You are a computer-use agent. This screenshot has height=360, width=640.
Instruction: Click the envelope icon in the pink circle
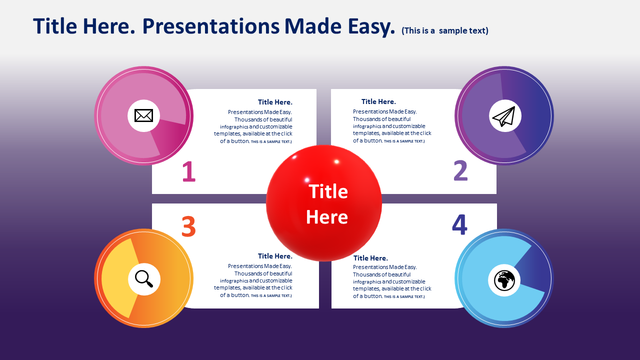[x=143, y=115]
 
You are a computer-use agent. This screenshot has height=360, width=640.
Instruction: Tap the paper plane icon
[x=504, y=116]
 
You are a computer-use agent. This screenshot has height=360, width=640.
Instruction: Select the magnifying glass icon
[x=143, y=278]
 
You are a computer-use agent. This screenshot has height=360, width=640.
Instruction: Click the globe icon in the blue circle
[x=504, y=280]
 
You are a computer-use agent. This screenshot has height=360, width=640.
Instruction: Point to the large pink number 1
[x=189, y=171]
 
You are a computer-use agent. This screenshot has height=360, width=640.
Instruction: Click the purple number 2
[x=460, y=170]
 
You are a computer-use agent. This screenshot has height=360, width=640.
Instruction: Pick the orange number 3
[x=188, y=226]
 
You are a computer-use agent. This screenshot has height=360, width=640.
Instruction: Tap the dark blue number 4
[x=459, y=224]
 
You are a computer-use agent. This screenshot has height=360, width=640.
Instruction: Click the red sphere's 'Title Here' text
[x=327, y=204]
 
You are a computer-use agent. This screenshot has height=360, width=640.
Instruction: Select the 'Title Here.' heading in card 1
[x=275, y=102]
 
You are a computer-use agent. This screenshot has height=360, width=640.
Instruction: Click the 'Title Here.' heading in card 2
[x=378, y=101]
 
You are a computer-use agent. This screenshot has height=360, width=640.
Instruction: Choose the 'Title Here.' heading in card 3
[x=275, y=256]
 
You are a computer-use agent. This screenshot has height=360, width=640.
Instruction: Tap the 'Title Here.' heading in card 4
[x=370, y=258]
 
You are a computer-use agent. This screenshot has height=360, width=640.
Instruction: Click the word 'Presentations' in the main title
[x=211, y=26]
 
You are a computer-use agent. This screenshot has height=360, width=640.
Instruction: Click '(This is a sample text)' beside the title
[x=445, y=30]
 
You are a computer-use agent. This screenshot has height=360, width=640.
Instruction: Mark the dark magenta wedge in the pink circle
[x=170, y=135]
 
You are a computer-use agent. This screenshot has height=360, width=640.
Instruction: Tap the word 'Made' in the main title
[x=313, y=26]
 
